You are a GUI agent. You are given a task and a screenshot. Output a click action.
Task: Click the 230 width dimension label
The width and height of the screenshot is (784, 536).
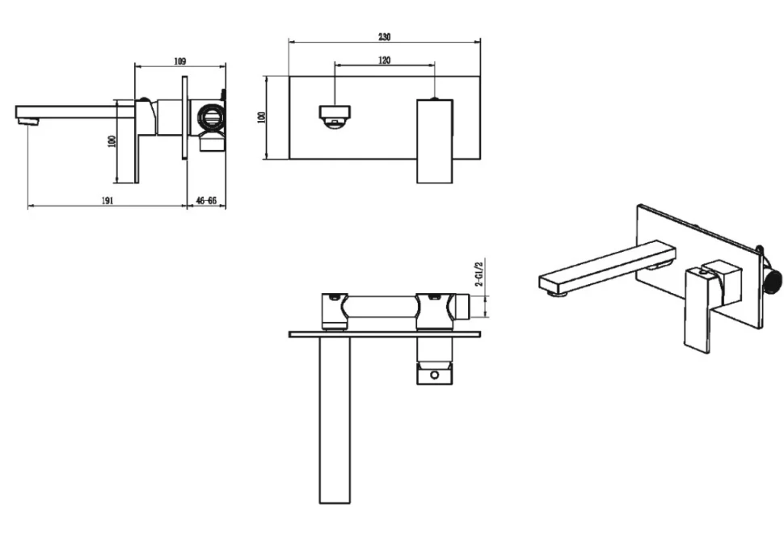384,36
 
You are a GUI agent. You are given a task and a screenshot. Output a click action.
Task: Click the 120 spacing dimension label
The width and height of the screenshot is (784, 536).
384,60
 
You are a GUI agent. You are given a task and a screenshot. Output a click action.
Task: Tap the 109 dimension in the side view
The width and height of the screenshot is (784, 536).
180,61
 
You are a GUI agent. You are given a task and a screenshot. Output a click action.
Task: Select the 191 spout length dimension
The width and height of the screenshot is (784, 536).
107,200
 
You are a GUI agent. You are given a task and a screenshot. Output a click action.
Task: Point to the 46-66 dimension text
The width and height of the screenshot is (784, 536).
206,200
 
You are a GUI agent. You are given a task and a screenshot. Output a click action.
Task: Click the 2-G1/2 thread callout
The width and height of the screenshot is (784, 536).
479,273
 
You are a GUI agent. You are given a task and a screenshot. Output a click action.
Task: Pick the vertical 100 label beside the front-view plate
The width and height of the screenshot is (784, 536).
262,117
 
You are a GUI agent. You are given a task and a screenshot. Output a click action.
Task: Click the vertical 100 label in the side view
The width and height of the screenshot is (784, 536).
112,141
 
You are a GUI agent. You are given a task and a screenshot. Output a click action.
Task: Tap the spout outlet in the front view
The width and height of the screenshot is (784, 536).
335,116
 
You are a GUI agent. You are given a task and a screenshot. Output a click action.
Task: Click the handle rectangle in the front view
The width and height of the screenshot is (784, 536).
435,141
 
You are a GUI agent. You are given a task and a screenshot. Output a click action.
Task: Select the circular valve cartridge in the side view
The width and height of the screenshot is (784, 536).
209,116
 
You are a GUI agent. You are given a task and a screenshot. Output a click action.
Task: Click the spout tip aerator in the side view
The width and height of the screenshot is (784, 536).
28,121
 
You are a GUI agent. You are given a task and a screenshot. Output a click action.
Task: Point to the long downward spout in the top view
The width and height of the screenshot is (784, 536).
335,420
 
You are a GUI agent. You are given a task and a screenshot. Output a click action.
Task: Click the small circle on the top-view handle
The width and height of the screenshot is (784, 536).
435,375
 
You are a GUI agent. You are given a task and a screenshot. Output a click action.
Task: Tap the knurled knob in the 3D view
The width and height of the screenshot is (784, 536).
774,283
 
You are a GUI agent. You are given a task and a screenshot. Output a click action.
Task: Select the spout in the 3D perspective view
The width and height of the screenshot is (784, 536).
606,267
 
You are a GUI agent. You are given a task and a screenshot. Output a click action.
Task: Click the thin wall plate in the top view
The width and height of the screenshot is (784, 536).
385,334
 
